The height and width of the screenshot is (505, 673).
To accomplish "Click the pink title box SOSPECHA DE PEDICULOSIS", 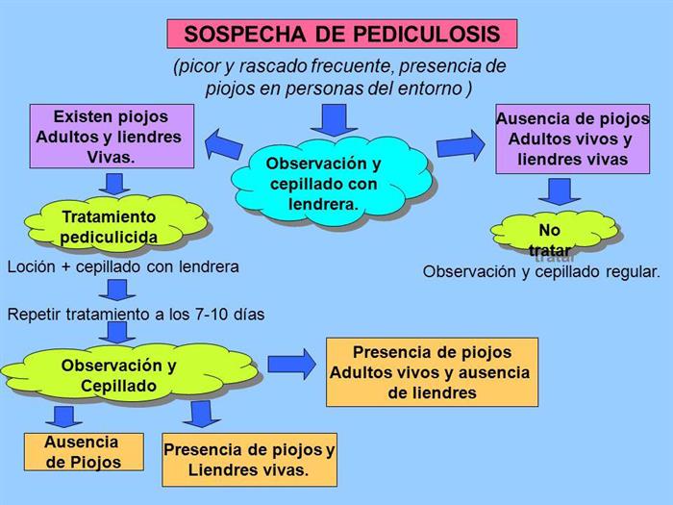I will pos(341,34).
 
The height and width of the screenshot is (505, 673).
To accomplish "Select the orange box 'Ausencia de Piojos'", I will pos(83,451).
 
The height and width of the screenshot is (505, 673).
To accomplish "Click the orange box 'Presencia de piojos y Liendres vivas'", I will pos(249,460).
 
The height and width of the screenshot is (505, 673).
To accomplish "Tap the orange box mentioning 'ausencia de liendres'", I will pos(432,372).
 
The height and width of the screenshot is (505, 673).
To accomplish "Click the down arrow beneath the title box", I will pos(334,119).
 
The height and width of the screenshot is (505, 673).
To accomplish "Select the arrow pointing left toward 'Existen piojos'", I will pos(222,146).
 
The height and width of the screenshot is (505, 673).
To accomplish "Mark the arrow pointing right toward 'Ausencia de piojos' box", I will pos(460,145).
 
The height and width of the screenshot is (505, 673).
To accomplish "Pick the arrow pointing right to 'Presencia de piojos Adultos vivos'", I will pos(290,364).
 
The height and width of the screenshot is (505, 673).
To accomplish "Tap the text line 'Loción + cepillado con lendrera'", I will pos(123,266).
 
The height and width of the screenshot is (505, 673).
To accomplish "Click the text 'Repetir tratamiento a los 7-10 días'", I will pos(136,313).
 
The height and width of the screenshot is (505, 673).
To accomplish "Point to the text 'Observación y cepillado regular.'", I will pos(541,271).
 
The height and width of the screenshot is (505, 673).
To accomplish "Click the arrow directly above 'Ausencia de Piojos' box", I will pos(63,417).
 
